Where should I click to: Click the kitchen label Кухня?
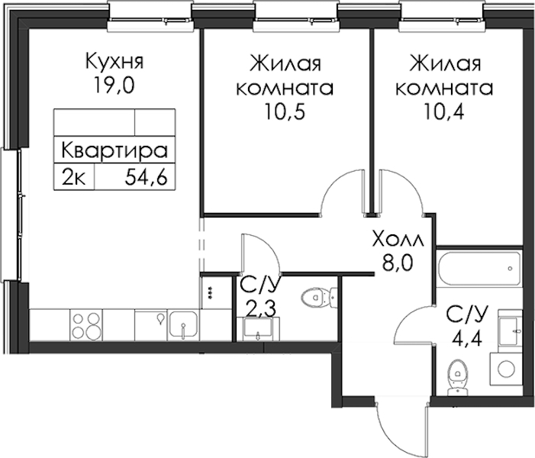coord(114,62)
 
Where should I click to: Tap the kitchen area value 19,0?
coord(114,85)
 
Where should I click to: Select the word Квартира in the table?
coord(114,150)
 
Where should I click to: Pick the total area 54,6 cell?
coord(147,177)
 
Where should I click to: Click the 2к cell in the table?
coord(74,177)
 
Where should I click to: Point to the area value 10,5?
coord(285,111)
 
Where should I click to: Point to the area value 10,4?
coord(444,111)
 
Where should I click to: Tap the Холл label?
coord(398,240)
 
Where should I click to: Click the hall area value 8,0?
coord(398,263)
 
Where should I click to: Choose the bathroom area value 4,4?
coord(467,338)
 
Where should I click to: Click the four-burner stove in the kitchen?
coord(86,325)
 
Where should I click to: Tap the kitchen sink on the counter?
coord(183,326)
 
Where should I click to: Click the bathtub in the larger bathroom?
coord(479,269)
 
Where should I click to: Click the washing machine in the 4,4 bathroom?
coord(506,369)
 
